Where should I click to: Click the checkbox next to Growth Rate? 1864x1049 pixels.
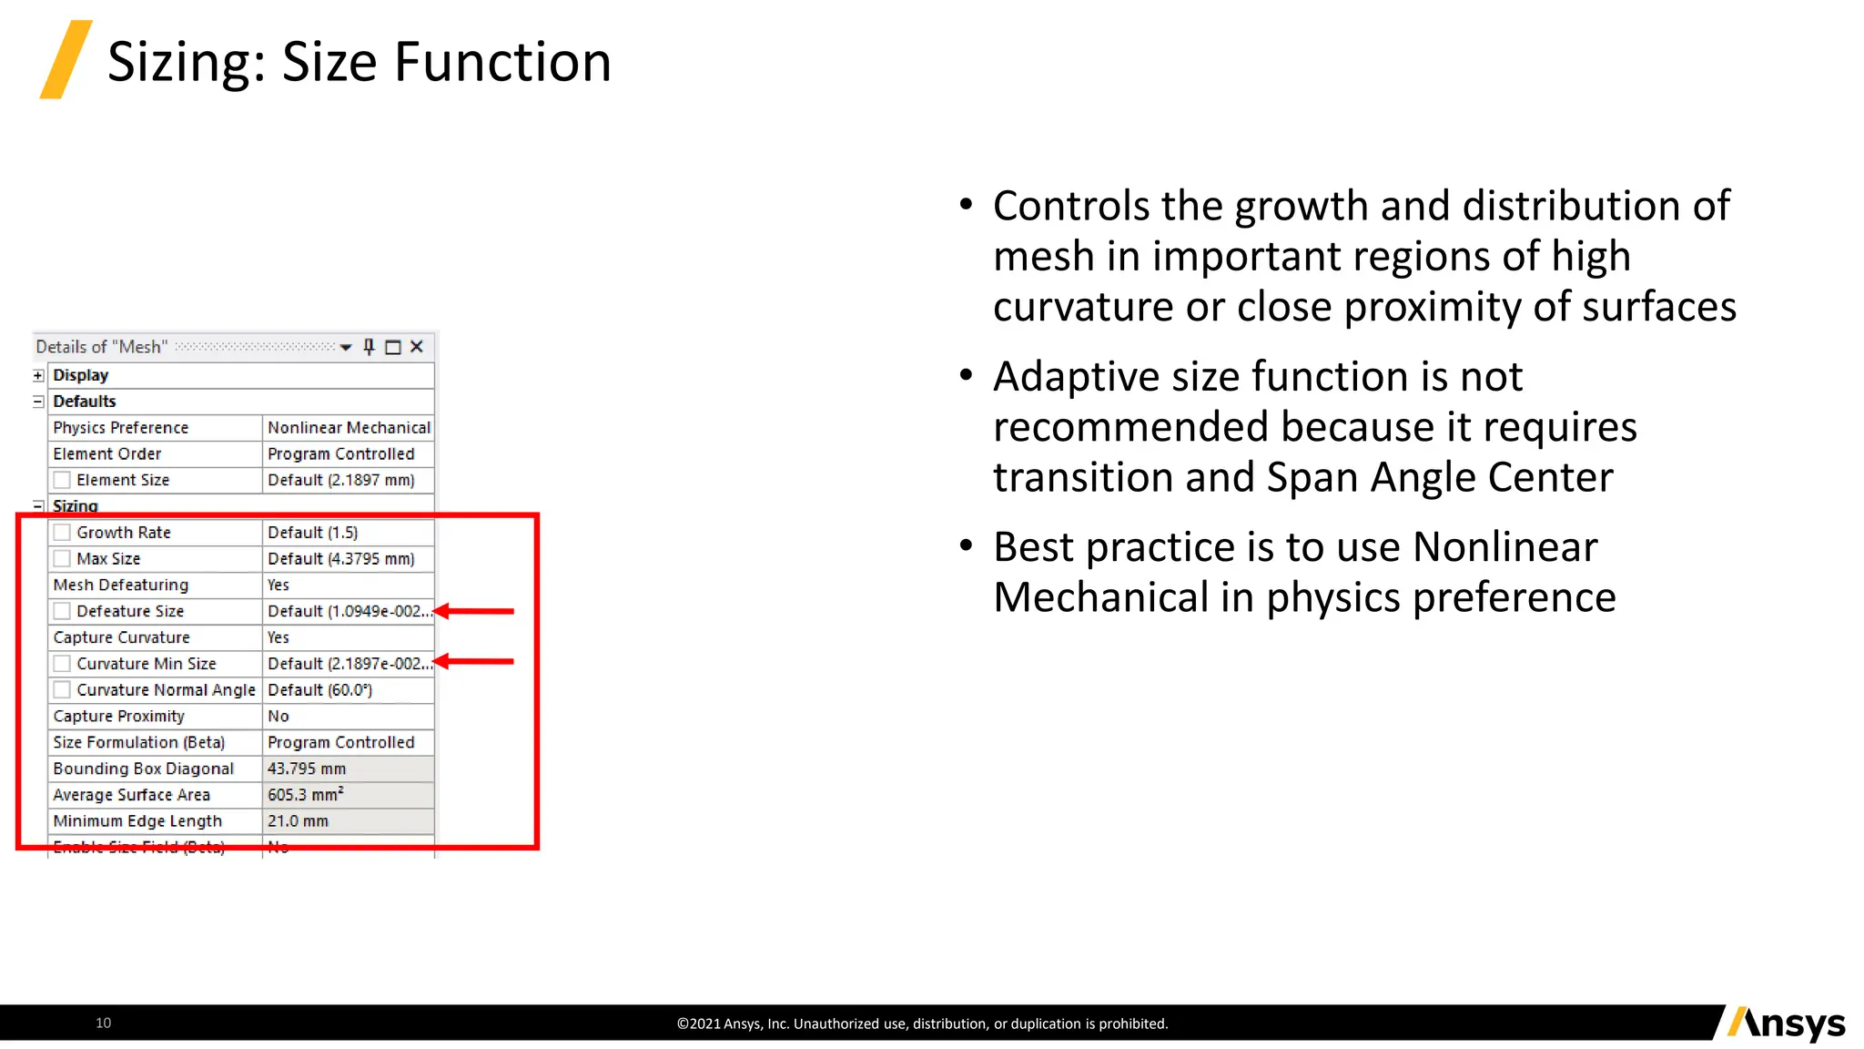pos(62,533)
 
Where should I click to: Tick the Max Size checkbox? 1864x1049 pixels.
pos(62,559)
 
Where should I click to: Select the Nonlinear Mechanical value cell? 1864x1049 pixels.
pos(348,428)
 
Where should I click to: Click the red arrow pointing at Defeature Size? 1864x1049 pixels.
pos(473,612)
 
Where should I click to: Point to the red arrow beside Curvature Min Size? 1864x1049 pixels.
pos(473,662)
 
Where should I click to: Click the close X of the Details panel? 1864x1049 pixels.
pos(417,347)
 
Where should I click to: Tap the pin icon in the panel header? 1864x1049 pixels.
pos(369,347)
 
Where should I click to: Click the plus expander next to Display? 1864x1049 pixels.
pos(38,376)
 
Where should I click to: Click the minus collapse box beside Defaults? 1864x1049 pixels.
pos(38,402)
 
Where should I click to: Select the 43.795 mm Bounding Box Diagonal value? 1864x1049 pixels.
pos(307,769)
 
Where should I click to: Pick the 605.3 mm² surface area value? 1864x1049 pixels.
pos(306,795)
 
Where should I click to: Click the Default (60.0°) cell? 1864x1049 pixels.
pos(319,690)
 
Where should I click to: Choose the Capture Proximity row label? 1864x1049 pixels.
pos(118,717)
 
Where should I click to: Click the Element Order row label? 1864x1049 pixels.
pos(106,454)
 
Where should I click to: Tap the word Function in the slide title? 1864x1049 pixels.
pos(502,62)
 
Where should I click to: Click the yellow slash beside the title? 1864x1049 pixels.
pos(66,59)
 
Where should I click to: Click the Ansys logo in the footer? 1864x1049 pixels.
pos(1787,1024)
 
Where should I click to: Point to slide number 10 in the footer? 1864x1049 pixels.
pos(104,1024)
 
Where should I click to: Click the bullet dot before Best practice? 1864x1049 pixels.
pos(966,546)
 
